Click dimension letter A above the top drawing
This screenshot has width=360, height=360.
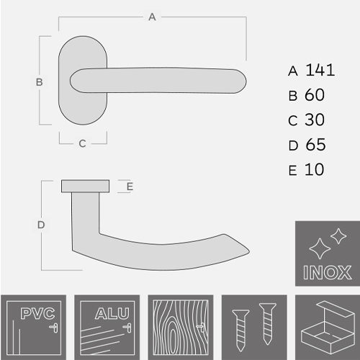pyautogui.click(x=152, y=17)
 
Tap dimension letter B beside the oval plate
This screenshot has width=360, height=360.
pyautogui.click(x=40, y=82)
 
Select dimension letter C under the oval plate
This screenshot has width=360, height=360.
pyautogui.click(x=82, y=143)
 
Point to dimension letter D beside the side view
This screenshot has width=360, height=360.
pyautogui.click(x=41, y=225)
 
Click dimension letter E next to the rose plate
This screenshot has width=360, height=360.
pyautogui.click(x=130, y=186)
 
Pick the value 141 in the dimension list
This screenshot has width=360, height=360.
pyautogui.click(x=320, y=70)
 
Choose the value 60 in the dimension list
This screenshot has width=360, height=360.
pyautogui.click(x=315, y=95)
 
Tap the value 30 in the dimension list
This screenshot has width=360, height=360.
pyautogui.click(x=315, y=120)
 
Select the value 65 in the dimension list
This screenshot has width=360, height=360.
pyautogui.click(x=315, y=145)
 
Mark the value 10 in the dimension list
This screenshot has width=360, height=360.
pyautogui.click(x=315, y=170)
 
